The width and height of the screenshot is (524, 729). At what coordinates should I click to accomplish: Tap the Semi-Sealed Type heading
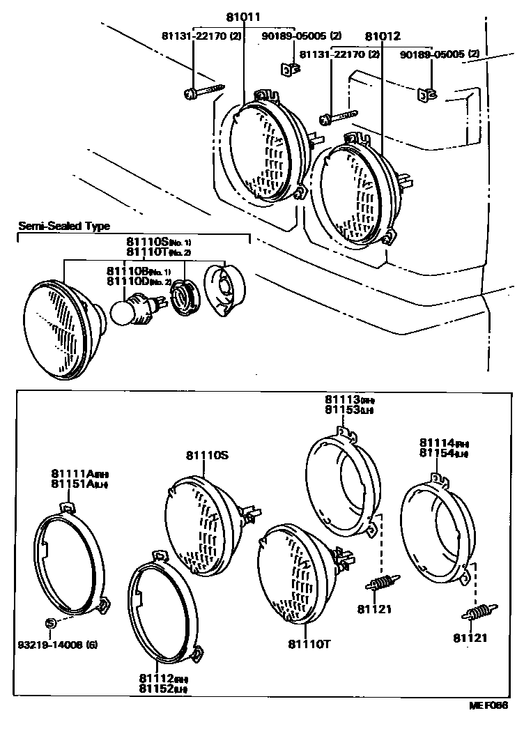[x=64, y=227]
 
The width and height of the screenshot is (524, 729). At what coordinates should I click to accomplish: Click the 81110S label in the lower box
[x=206, y=455]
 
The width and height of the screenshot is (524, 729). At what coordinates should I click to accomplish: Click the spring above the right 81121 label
[x=477, y=613]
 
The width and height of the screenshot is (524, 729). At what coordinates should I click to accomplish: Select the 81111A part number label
[x=72, y=474]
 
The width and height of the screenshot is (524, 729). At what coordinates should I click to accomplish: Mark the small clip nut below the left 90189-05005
[x=289, y=69]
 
